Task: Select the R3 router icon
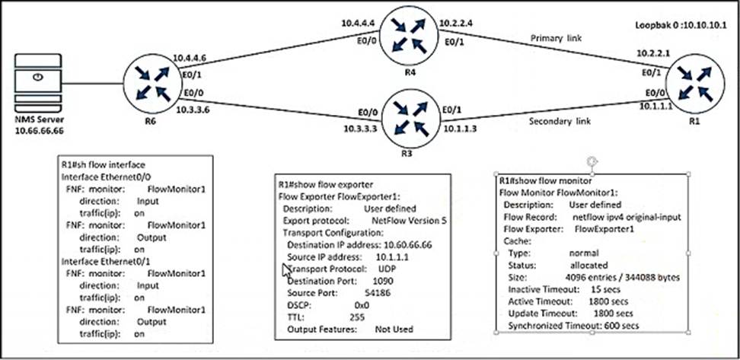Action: pyautogui.click(x=405, y=119)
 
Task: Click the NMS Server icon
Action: pyautogui.click(x=36, y=84)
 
